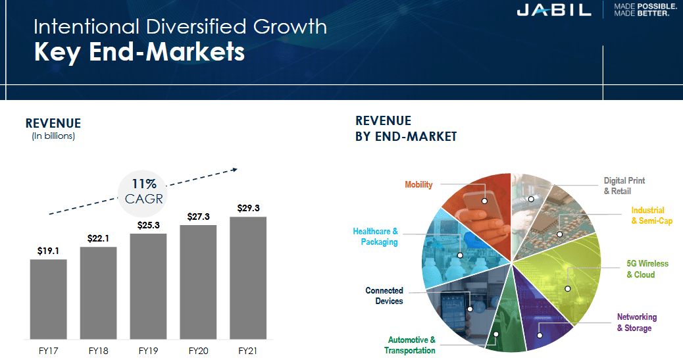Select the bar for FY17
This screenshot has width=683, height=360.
(48, 299)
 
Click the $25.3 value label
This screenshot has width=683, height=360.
(148, 226)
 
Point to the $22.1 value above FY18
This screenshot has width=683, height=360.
(98, 239)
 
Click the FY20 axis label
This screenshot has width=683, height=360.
(198, 351)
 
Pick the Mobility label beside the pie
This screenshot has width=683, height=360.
(418, 185)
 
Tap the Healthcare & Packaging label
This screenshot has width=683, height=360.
(375, 237)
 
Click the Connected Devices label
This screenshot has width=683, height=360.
(384, 296)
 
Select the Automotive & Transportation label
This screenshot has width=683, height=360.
(411, 346)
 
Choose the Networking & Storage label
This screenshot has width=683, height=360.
(637, 322)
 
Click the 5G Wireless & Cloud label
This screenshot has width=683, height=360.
(647, 269)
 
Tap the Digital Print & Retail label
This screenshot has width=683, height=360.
(624, 186)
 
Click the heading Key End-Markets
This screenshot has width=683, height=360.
(139, 52)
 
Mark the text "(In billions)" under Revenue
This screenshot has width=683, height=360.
(53, 136)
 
